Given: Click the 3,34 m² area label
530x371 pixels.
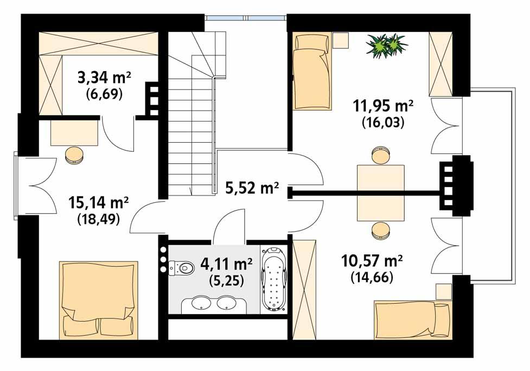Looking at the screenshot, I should point(104,78).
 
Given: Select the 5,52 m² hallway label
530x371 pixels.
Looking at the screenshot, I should point(252,189).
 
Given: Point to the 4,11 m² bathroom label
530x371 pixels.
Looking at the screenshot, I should point(226,265).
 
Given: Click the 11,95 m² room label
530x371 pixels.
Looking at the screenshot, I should point(383,106).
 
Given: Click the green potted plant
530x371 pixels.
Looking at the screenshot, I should point(387,44).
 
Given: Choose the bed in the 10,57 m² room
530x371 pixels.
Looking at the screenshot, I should point(412,320).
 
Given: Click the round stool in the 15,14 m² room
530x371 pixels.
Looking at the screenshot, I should point(74,155).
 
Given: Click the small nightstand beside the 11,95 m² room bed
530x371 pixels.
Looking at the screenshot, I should point(341,41).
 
